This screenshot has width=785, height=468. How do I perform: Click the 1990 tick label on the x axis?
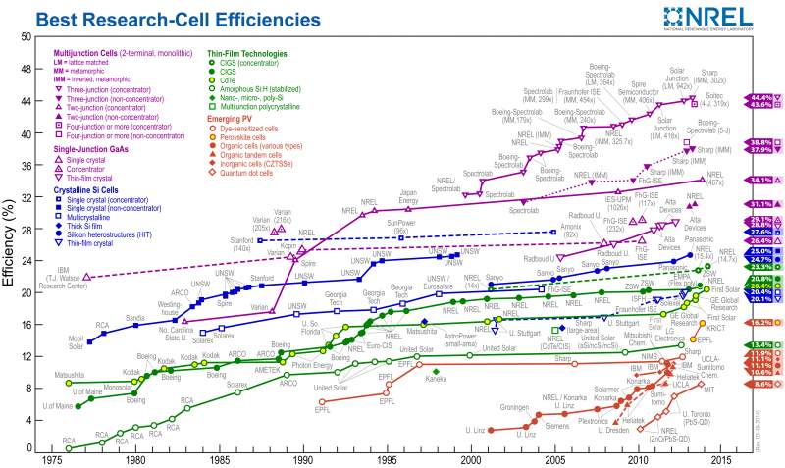(303, 458)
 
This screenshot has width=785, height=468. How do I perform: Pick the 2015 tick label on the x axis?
(722, 458)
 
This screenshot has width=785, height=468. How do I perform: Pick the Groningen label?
(514, 405)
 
